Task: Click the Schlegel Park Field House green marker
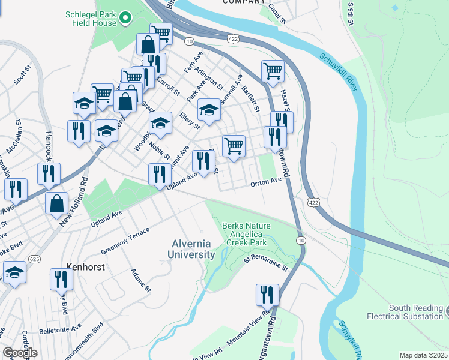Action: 125,19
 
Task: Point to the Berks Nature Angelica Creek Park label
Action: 247,234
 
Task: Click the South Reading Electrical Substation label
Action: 415,312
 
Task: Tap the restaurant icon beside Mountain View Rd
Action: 267,295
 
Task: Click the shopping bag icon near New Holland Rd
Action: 56,203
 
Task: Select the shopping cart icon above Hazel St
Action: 273,71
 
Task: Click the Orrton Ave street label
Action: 266,181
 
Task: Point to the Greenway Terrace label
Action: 124,244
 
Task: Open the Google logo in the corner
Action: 20,353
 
